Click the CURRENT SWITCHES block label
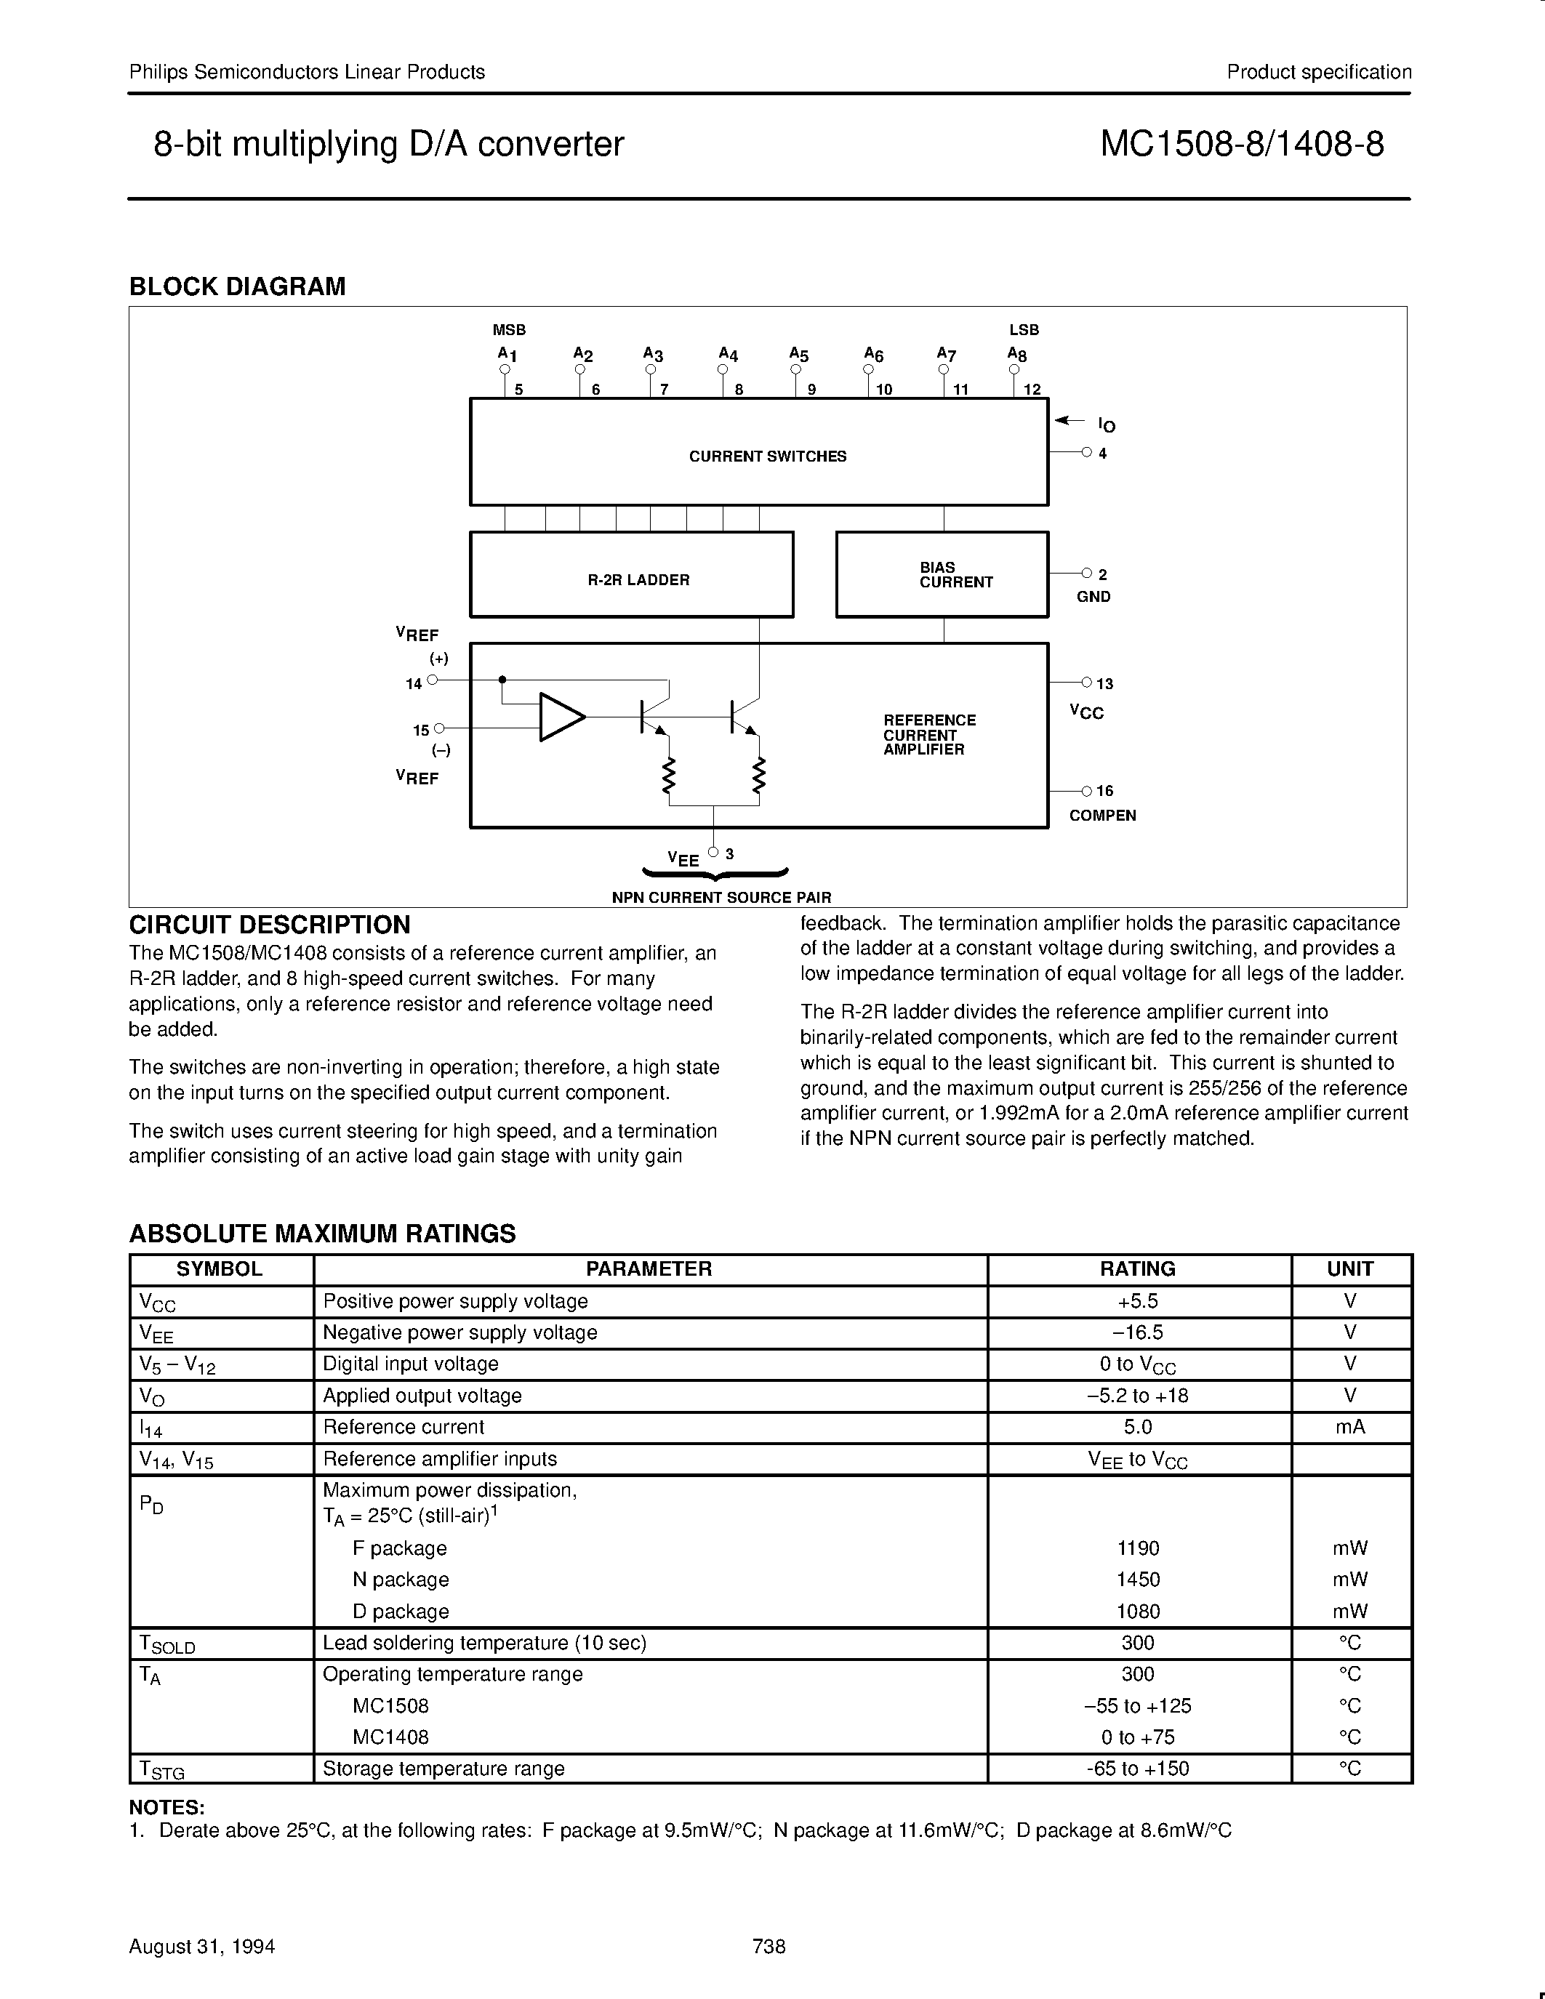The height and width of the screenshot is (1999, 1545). (767, 456)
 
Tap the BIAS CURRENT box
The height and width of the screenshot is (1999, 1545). (941, 575)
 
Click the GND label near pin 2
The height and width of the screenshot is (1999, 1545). (1093, 597)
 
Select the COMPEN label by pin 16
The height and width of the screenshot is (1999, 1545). (1102, 816)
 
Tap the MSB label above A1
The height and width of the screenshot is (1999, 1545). (509, 329)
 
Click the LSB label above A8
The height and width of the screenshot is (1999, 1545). (1023, 329)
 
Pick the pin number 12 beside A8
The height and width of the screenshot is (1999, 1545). (1032, 389)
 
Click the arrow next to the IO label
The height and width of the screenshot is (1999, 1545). (1068, 421)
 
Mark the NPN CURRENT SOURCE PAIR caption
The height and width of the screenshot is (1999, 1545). (721, 897)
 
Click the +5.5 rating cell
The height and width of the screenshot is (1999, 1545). (1138, 1300)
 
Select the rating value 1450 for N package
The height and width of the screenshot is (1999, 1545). (1138, 1579)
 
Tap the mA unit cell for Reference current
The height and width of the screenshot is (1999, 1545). (1350, 1426)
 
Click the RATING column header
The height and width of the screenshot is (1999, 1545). (1138, 1268)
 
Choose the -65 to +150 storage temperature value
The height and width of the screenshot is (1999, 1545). (1138, 1769)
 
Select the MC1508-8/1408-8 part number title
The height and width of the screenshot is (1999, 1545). (1241, 145)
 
